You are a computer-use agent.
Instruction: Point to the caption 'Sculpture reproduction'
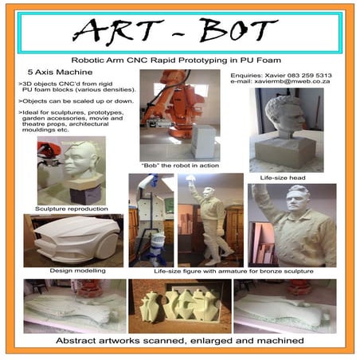coord(66,208)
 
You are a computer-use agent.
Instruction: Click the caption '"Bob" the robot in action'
coord(177,166)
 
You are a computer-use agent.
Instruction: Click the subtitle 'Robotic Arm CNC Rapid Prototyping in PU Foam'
coord(182,60)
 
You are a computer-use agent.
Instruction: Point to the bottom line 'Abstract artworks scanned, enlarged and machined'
coord(180,341)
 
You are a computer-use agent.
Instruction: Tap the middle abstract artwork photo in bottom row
coord(180,304)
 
